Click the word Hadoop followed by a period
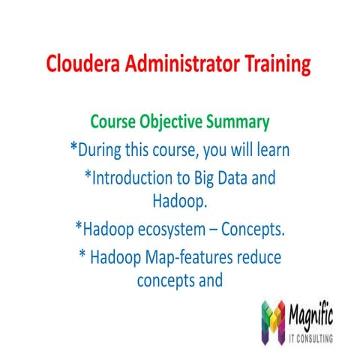pos(179,200)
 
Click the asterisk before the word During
pos(73,148)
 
